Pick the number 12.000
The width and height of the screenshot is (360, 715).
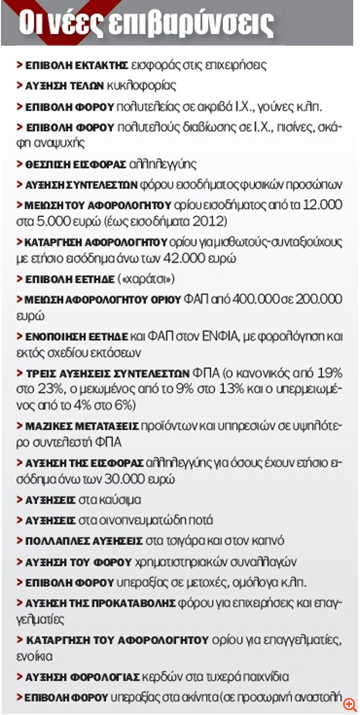(319, 206)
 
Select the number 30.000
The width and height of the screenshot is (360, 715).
(150, 480)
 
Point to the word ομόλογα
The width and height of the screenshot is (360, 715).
(257, 582)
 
